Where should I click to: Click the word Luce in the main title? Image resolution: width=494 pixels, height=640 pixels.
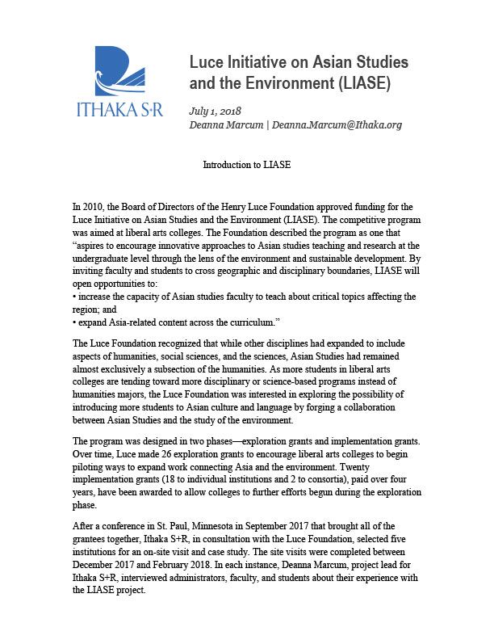coord(205,62)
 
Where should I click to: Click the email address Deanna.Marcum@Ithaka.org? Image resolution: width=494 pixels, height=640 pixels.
coord(337,125)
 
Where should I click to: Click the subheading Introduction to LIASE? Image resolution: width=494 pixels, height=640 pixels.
coord(246,165)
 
